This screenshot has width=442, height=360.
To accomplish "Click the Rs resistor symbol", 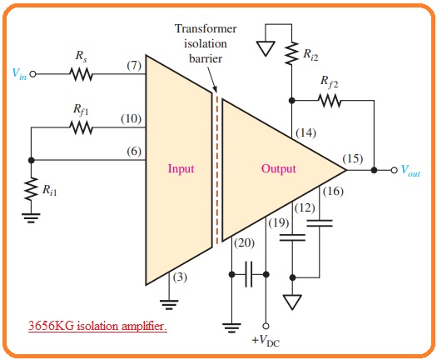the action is click(81, 74).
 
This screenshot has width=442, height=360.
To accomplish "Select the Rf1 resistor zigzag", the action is click(81, 127).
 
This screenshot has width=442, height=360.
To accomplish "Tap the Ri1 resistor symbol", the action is click(32, 188).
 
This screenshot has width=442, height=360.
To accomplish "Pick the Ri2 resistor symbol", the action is click(292, 53).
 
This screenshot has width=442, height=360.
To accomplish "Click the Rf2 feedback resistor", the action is click(330, 101).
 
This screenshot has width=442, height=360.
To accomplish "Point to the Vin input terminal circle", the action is click(33, 74).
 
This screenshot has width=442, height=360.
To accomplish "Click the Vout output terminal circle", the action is click(394, 170).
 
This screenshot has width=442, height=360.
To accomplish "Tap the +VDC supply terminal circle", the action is click(266, 326).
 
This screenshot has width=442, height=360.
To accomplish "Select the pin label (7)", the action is click(134, 66).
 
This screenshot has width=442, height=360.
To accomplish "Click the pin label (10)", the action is click(131, 118).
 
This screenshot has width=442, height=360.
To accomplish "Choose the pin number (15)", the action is click(353, 158).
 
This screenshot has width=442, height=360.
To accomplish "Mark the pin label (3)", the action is click(180, 277).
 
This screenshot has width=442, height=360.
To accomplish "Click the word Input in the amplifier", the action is click(181, 168).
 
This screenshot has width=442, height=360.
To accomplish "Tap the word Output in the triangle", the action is click(279, 168).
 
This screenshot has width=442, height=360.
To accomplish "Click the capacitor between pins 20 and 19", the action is click(249, 274).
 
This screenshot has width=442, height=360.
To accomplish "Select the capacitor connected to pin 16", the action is click(320, 223).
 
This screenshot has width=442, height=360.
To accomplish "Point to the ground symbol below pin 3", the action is click(169, 305).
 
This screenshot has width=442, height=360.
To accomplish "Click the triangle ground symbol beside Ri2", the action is click(266, 48).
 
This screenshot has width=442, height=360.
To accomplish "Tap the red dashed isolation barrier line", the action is click(217, 169).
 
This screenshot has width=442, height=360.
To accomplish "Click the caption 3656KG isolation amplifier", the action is click(97, 326).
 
